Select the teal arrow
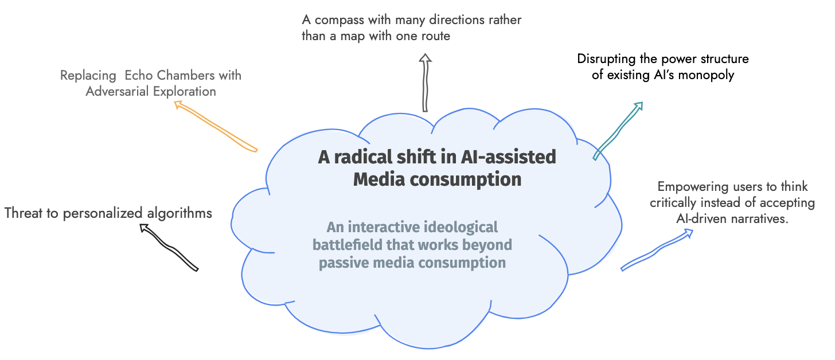pyautogui.click(x=618, y=131)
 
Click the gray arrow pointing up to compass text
pyautogui.click(x=425, y=83)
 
